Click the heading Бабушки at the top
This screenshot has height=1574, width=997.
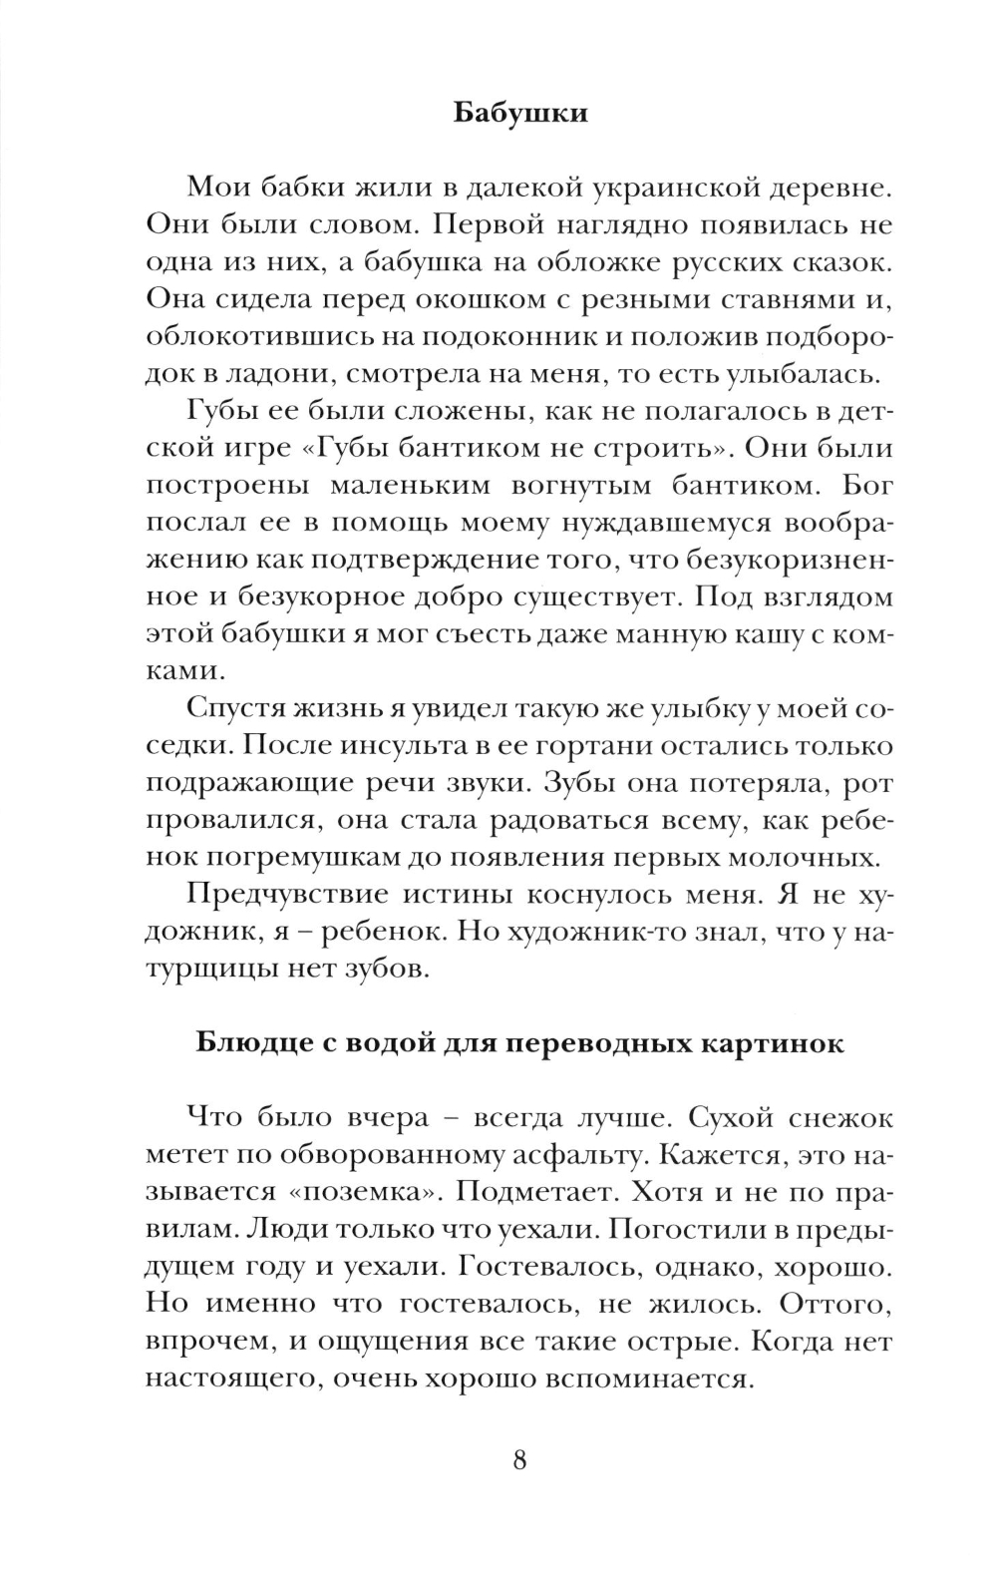520,112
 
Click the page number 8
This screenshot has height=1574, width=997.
519,1460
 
